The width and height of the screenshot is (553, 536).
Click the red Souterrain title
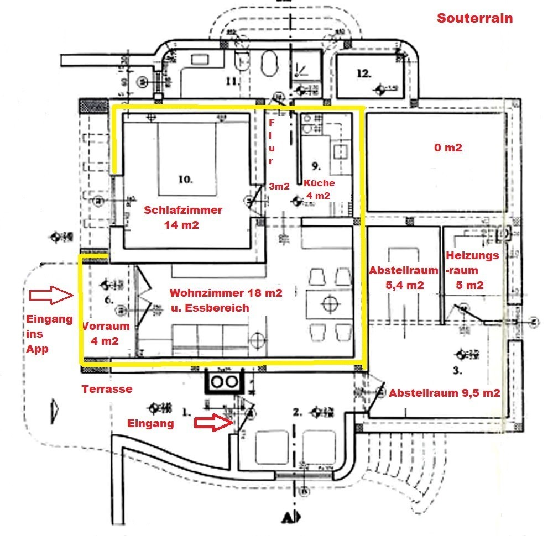point(475,18)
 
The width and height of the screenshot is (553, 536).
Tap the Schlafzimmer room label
point(183,210)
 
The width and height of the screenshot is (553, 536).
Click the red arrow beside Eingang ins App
point(51,296)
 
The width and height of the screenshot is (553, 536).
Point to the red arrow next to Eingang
point(212,423)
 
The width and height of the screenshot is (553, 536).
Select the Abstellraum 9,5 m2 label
point(445,393)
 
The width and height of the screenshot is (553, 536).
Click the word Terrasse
point(107,389)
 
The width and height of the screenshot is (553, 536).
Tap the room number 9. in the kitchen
point(316,165)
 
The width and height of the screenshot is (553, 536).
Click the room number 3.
point(457,371)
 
